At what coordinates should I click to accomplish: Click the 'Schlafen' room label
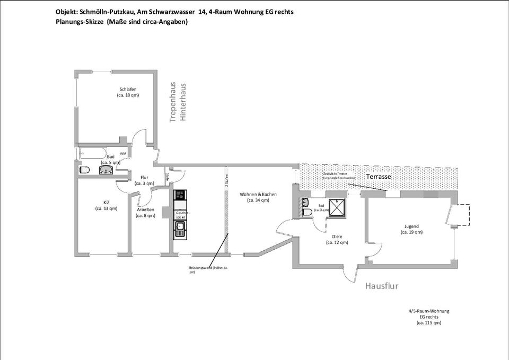click(x=128, y=89)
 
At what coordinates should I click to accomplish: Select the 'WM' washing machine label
click(x=123, y=154)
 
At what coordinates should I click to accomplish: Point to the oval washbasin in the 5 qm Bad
click(x=106, y=170)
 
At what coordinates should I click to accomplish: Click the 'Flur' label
click(x=144, y=178)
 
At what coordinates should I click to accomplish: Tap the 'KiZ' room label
click(x=106, y=202)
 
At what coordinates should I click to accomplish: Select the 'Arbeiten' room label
click(x=145, y=209)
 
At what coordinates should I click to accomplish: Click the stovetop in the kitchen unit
click(x=179, y=195)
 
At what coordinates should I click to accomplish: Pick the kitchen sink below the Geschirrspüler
click(x=180, y=229)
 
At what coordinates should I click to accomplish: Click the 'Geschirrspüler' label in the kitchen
click(x=182, y=215)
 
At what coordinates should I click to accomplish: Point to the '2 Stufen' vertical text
click(x=226, y=181)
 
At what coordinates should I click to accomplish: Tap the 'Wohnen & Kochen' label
click(x=258, y=195)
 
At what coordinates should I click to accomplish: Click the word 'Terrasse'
click(x=379, y=177)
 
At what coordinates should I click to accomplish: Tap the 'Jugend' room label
click(x=411, y=226)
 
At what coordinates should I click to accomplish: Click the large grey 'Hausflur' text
click(x=381, y=286)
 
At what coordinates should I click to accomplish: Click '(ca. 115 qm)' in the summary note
click(x=428, y=322)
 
